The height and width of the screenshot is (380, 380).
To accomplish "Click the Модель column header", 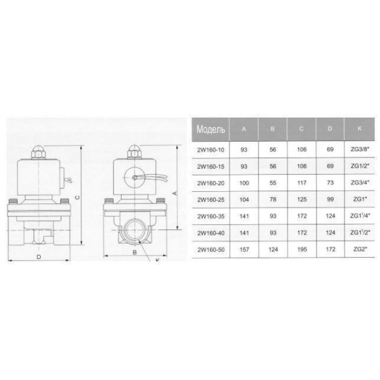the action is [211, 129].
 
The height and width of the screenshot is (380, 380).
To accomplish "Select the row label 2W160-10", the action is [211, 150].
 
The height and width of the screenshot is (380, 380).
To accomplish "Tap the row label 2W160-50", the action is [211, 250].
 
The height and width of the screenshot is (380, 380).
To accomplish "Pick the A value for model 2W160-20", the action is [244, 183].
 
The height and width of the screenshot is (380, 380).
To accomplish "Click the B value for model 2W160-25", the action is [273, 199].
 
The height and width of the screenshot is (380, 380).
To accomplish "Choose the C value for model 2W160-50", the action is [302, 249].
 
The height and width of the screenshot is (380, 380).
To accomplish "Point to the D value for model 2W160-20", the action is [330, 183].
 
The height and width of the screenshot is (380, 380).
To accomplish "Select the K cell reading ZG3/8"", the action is [359, 149].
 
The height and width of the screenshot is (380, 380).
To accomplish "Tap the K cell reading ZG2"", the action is [359, 249].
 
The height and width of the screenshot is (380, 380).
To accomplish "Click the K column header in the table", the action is [359, 129].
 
